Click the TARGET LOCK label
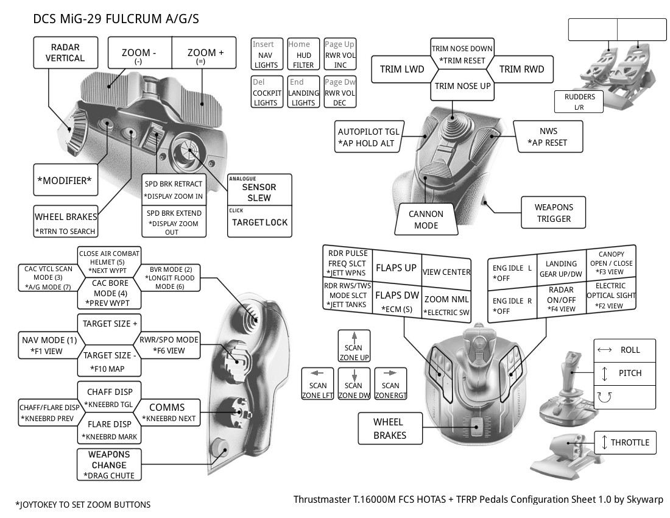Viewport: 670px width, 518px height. tap(259, 222)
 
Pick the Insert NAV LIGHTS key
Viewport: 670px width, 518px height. tap(266, 55)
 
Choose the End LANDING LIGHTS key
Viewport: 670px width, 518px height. tap(303, 92)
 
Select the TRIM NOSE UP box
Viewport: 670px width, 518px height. tap(462, 87)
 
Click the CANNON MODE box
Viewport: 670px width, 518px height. tap(426, 220)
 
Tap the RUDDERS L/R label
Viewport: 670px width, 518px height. tap(579, 102)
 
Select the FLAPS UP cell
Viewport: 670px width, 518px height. tap(396, 268)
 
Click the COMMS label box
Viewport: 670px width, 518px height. tap(167, 407)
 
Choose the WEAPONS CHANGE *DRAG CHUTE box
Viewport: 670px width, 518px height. tap(109, 464)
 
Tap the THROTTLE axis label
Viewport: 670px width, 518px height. tap(625, 442)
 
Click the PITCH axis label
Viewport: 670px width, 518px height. tap(625, 373)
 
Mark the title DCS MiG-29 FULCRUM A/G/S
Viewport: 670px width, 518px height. tap(116, 19)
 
